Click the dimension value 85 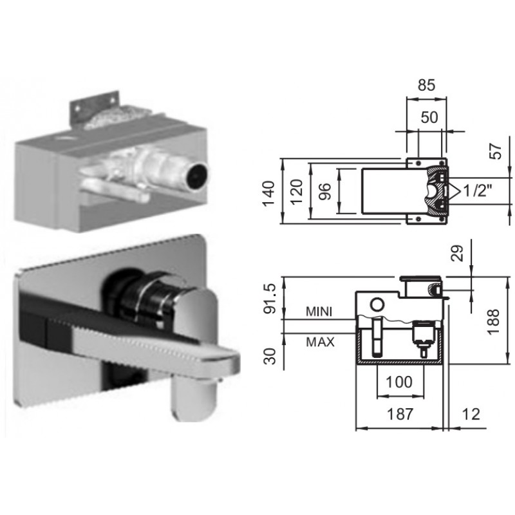[426, 85]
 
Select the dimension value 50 [429, 117]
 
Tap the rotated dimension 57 [496, 151]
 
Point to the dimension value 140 [268, 193]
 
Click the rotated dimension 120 [297, 191]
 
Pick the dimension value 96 [324, 191]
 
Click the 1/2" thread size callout [476, 191]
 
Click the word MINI [319, 312]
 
